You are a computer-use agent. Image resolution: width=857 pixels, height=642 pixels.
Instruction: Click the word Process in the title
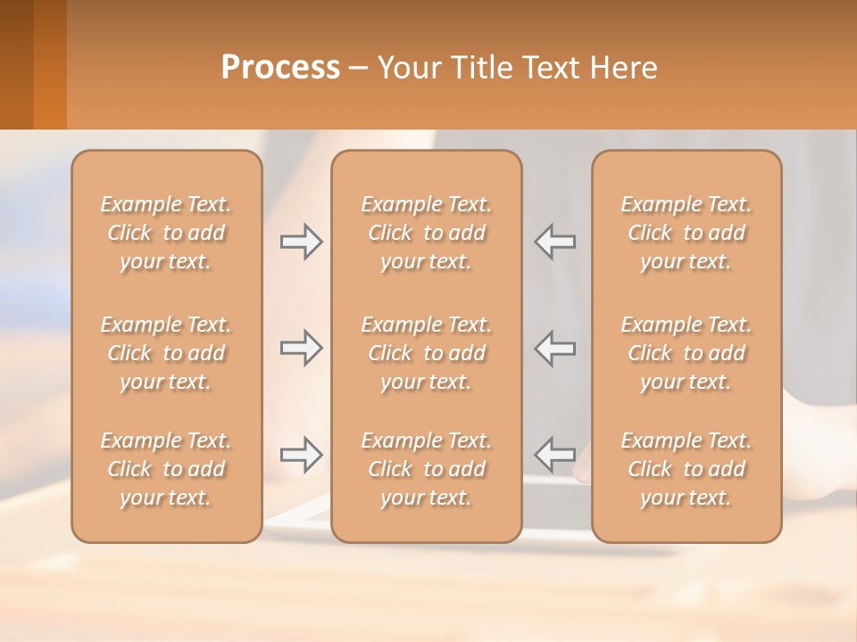pyautogui.click(x=280, y=68)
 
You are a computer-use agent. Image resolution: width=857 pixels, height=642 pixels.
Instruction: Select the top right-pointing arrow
pyautogui.click(x=301, y=242)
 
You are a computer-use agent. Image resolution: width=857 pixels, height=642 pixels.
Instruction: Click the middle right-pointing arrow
pyautogui.click(x=301, y=348)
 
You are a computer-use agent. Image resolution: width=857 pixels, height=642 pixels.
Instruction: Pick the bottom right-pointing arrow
pyautogui.click(x=301, y=455)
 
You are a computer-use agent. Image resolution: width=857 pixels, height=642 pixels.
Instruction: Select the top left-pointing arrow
pyautogui.click(x=555, y=242)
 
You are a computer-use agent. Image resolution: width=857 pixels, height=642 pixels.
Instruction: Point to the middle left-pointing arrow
pyautogui.click(x=555, y=348)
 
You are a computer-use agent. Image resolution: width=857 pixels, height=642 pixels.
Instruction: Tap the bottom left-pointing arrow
pyautogui.click(x=555, y=455)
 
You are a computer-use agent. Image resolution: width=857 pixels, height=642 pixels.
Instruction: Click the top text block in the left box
pyautogui.click(x=166, y=233)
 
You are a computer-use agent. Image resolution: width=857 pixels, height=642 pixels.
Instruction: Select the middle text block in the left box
pyautogui.click(x=166, y=353)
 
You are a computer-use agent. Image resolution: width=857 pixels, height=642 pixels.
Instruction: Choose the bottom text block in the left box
pyautogui.click(x=166, y=469)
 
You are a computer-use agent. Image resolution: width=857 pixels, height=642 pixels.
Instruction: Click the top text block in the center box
pyautogui.click(x=427, y=233)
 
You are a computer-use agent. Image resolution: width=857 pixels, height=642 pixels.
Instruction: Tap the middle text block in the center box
pyautogui.click(x=427, y=353)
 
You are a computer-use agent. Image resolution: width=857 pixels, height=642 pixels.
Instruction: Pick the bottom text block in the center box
pyautogui.click(x=427, y=469)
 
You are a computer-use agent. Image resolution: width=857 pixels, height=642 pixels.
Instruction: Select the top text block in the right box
pyautogui.click(x=686, y=233)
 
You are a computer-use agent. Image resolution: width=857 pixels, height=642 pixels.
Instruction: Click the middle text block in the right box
pyautogui.click(x=686, y=353)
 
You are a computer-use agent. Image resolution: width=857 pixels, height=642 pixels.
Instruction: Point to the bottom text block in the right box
pyautogui.click(x=686, y=469)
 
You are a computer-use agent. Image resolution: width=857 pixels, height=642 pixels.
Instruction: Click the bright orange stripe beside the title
pyautogui.click(x=50, y=64)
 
